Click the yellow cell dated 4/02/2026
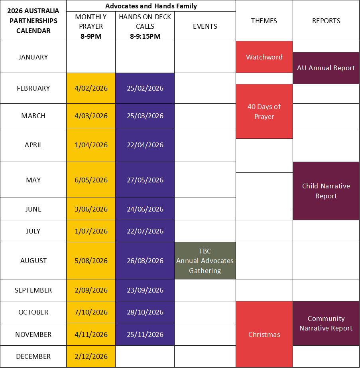point(91,88)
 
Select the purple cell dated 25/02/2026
point(145,88)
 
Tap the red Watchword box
point(264,57)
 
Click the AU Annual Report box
point(326,68)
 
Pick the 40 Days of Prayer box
point(264,111)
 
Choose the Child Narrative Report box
point(326,191)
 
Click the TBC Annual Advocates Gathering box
point(205,261)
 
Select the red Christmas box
point(264,334)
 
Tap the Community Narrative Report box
point(326,323)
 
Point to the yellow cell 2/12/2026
point(91,356)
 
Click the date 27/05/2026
point(145,180)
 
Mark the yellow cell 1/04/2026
point(91,145)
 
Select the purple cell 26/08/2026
point(145,261)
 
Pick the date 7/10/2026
point(91,312)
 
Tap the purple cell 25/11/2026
point(145,334)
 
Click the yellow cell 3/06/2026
point(91,209)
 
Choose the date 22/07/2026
point(145,231)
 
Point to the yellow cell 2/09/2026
point(91,290)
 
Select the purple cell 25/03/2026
point(145,116)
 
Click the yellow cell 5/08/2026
point(91,261)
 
